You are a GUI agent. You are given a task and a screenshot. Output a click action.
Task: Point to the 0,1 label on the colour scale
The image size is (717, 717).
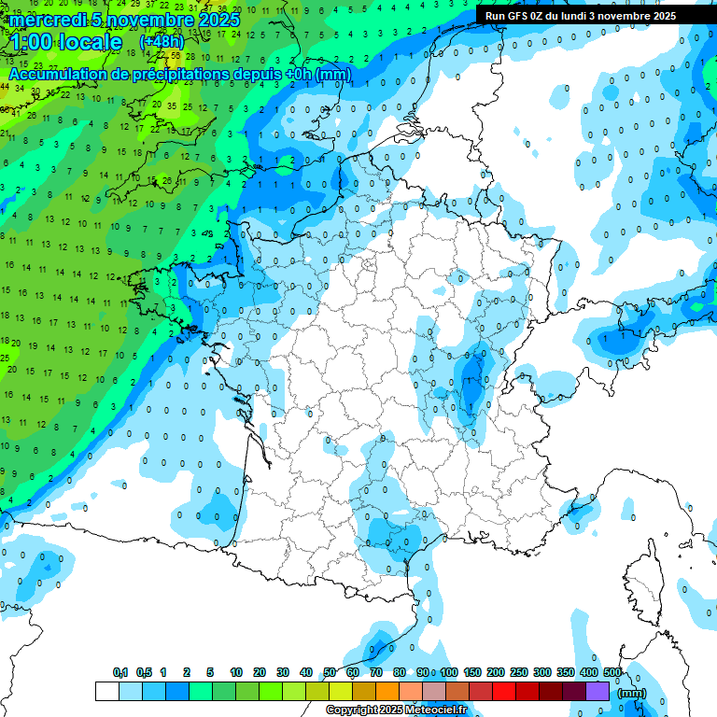pos(120,673)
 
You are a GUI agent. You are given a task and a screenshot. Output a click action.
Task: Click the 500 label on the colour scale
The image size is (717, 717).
pos(612,673)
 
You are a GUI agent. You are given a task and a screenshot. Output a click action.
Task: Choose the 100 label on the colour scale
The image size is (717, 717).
pos(449,673)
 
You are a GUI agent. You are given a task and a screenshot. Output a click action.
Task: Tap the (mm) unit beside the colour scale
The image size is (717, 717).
pos(632,693)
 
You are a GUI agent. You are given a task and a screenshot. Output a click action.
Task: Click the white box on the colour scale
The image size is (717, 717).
pos(107,692)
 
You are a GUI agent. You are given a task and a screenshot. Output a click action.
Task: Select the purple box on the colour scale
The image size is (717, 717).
pos(597,692)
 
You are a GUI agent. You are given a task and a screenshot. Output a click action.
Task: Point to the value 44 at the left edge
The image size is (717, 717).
pos(6,87)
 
